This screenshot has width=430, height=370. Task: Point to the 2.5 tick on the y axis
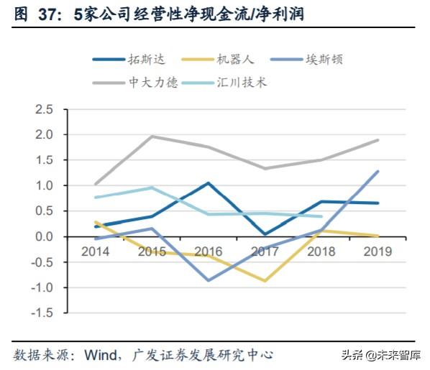click(x=44, y=109)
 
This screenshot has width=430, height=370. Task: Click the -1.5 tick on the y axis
click(x=42, y=313)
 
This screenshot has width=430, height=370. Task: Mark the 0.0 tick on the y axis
click(x=44, y=236)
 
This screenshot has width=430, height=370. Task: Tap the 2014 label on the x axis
click(x=96, y=252)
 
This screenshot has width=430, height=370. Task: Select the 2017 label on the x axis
click(x=265, y=252)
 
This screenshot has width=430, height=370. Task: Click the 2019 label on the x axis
click(x=378, y=252)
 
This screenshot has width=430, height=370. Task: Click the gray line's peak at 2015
click(x=152, y=136)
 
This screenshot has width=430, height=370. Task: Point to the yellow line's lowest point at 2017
click(x=265, y=281)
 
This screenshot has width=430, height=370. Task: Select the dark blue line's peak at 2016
click(x=209, y=182)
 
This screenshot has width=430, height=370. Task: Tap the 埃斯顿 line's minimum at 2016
click(x=209, y=280)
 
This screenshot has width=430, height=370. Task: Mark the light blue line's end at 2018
click(x=321, y=216)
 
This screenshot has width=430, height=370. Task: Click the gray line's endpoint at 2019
click(x=378, y=140)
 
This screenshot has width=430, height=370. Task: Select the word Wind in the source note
click(x=103, y=356)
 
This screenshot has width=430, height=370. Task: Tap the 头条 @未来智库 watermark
click(x=380, y=356)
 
